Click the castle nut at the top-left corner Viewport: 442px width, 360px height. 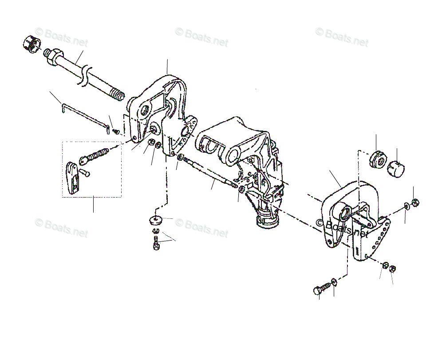coord(29,44)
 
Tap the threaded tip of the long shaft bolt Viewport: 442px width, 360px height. coord(118,94)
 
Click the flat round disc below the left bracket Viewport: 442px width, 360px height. coord(155,219)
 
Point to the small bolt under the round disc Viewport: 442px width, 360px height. coord(156,243)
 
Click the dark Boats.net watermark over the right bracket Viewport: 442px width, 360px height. coord(342,227)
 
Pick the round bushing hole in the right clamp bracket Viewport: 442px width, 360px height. coord(343,216)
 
